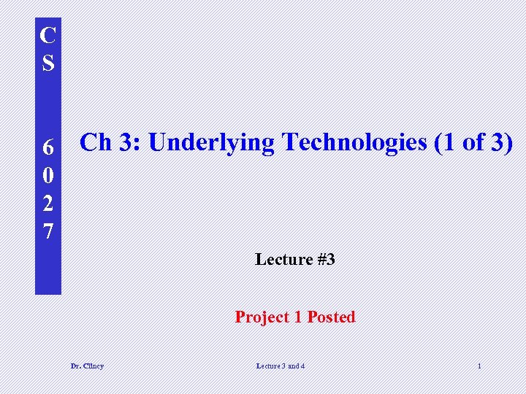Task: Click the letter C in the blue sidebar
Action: [x=47, y=36]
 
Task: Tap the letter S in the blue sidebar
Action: [x=47, y=63]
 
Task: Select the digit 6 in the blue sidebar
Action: [x=47, y=147]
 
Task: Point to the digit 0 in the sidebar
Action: [x=47, y=175]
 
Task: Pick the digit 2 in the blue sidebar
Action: [x=47, y=203]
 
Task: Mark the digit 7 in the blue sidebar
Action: [x=47, y=231]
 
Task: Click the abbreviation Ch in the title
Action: [x=96, y=142]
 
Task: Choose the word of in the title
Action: [x=473, y=142]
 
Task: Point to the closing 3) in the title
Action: [x=501, y=142]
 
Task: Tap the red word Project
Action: [x=261, y=317]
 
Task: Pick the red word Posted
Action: [x=331, y=317]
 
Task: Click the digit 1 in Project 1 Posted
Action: [x=297, y=317]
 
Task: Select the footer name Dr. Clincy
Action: [x=87, y=366]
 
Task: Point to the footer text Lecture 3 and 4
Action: [x=281, y=366]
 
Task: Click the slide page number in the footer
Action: [x=479, y=366]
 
